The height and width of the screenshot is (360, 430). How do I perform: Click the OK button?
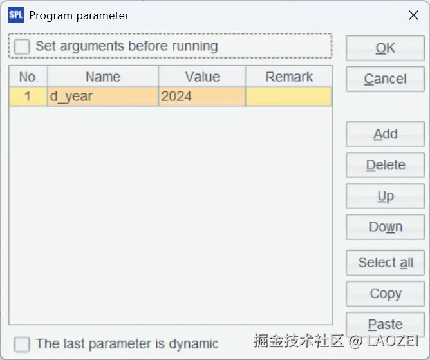click(x=385, y=48)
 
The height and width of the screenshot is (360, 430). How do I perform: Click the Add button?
click(x=385, y=134)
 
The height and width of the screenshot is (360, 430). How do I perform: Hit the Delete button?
click(x=385, y=165)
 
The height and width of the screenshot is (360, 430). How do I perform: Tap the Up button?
click(x=385, y=196)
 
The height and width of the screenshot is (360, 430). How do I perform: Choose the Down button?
click(x=385, y=227)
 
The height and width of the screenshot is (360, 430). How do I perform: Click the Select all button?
click(x=385, y=263)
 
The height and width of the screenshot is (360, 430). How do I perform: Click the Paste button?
click(x=385, y=325)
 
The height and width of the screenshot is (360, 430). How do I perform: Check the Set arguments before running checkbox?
click(x=22, y=46)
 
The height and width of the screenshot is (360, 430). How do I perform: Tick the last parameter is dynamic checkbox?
click(x=22, y=345)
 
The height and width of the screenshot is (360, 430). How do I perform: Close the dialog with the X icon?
click(x=413, y=15)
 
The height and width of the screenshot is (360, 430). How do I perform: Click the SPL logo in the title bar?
click(x=16, y=15)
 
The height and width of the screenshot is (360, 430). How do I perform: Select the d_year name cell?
click(x=103, y=97)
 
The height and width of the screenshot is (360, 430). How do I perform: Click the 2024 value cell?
click(x=202, y=97)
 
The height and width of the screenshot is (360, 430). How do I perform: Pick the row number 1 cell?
click(x=28, y=97)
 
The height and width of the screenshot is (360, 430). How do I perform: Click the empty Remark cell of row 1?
click(x=289, y=97)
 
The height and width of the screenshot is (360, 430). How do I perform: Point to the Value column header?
click(x=202, y=77)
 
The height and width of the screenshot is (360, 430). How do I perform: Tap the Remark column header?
click(x=289, y=77)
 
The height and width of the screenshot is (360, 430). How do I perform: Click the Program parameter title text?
click(x=79, y=16)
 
